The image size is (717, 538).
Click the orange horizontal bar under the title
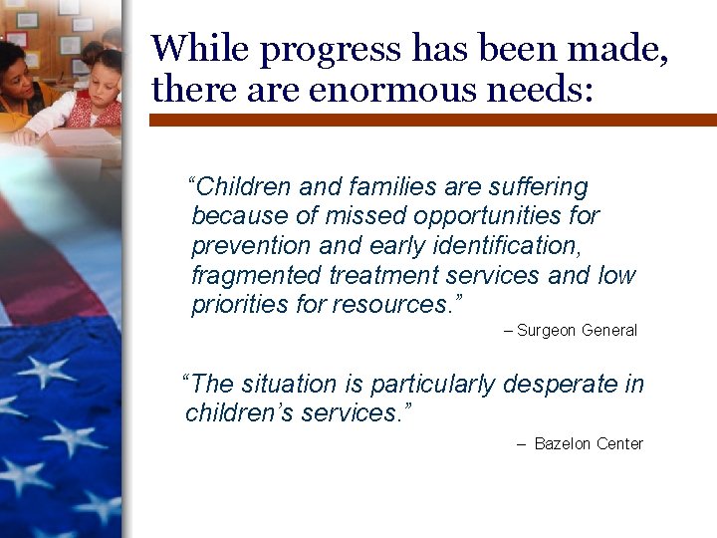(432, 120)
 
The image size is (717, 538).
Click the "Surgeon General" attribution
(577, 331)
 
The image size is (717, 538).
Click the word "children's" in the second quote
(235, 412)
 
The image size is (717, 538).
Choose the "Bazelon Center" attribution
(589, 444)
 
